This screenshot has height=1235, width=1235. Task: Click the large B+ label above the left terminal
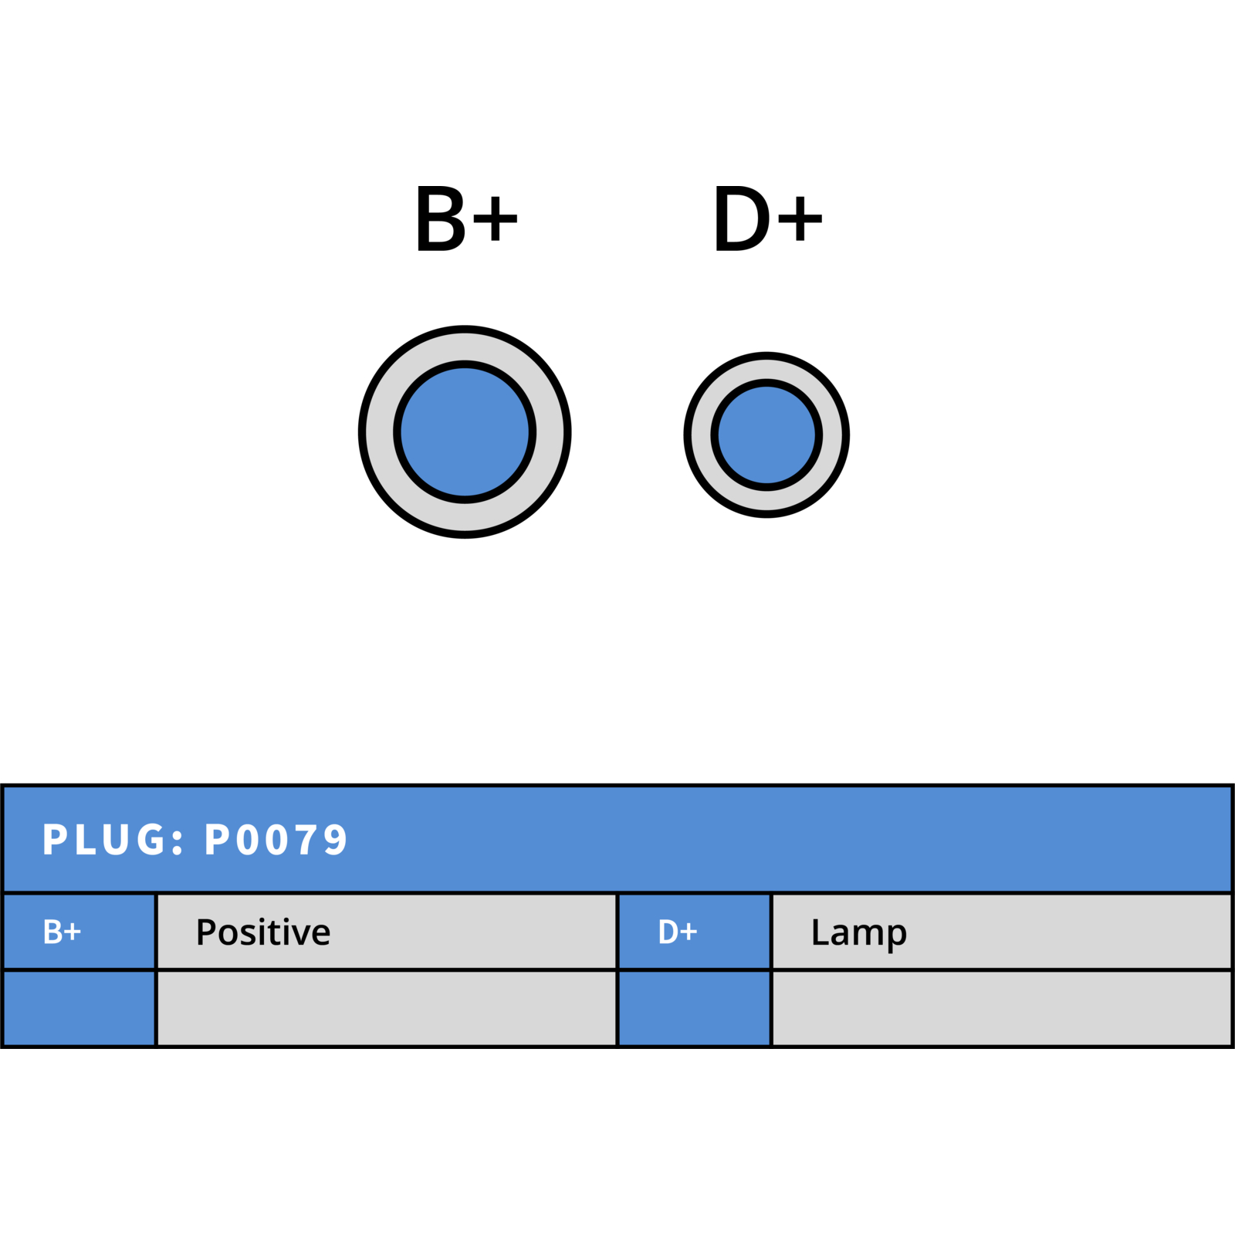tap(466, 218)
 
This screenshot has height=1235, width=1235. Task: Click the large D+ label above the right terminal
tap(768, 218)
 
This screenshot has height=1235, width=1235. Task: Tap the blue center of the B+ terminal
tap(465, 432)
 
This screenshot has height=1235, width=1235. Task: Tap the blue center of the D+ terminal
tap(766, 435)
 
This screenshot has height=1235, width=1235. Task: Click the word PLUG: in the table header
tap(113, 840)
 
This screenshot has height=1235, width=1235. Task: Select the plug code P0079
tap(276, 840)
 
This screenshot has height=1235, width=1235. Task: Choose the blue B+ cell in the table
tap(79, 932)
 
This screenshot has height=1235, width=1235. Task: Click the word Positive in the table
tap(263, 932)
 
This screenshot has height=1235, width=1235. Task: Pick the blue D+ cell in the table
tap(695, 932)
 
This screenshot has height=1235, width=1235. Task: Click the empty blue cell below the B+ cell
tap(79, 1008)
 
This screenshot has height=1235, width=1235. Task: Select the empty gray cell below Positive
tap(387, 1008)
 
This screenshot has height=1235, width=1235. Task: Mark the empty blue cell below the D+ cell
tap(695, 1008)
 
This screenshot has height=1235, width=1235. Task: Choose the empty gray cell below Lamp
tap(1002, 1008)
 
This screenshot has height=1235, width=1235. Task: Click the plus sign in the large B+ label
tap(495, 218)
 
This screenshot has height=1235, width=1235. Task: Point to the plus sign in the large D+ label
tap(800, 218)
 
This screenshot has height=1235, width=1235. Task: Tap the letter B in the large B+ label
tap(441, 218)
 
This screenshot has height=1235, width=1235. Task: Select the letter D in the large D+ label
tap(743, 218)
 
